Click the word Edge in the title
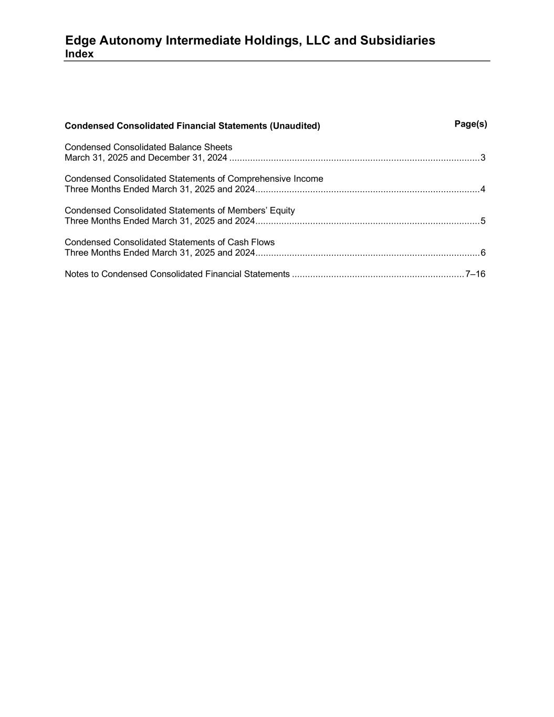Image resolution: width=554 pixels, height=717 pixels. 80,40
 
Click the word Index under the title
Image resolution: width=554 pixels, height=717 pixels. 79,54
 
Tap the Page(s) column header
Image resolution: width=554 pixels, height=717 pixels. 471,124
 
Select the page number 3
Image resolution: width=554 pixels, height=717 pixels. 483,158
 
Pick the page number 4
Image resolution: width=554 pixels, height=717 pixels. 483,189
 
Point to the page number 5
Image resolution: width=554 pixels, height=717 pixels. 483,221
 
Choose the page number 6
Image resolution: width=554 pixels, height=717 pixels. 483,253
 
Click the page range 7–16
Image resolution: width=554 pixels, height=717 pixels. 475,274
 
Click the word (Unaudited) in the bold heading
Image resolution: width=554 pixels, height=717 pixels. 295,126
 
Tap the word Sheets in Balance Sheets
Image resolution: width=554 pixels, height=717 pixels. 218,147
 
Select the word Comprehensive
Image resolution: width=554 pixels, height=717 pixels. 259,179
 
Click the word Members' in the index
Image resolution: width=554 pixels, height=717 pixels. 247,211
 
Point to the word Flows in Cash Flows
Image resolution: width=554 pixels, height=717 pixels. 263,242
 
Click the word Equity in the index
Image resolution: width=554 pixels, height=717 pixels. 283,211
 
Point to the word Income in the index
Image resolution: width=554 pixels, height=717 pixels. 309,179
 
